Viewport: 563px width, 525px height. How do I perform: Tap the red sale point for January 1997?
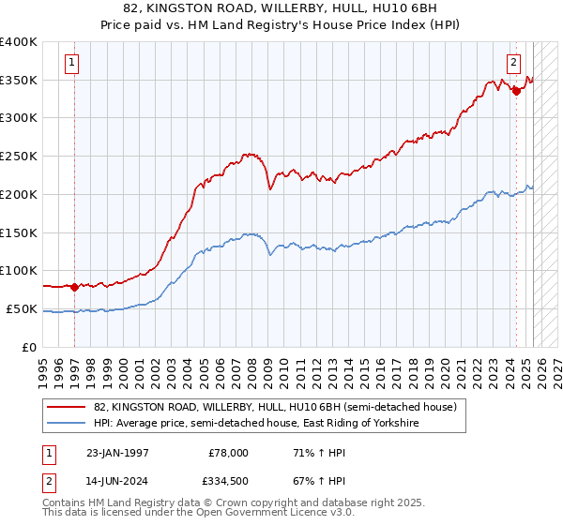pos(75,287)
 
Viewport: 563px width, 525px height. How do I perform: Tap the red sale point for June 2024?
pos(516,91)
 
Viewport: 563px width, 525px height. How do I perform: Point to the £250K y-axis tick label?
pos(19,157)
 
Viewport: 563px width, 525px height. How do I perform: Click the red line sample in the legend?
pos(67,407)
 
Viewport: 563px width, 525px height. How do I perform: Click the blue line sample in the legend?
pos(67,424)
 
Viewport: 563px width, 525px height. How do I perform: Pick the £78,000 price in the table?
pos(228,452)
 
